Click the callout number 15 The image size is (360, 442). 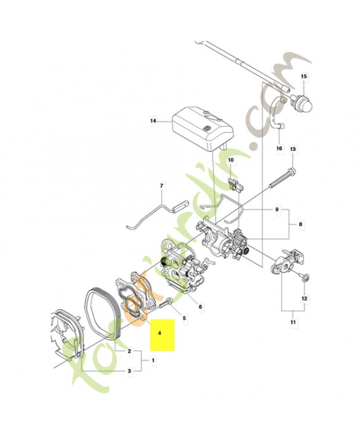304,76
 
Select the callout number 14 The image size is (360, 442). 153,121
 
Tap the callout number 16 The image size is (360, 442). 279,148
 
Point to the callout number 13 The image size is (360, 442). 293,149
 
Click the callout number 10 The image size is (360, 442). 231,160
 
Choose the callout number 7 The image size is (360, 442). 161,186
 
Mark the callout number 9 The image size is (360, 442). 277,209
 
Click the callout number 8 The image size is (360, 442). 300,224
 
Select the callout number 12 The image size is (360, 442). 304,298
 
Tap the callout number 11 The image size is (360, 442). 293,322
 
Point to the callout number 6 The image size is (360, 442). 200,307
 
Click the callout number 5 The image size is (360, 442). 184,318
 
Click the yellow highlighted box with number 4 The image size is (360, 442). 162,335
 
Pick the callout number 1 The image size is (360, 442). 153,360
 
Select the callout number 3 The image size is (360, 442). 129,371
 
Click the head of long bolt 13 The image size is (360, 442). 292,170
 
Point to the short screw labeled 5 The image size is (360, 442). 166,303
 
